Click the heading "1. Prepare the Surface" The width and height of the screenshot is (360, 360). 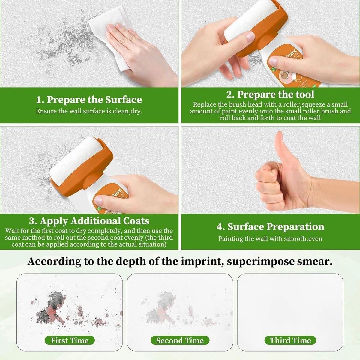[x=89, y=100]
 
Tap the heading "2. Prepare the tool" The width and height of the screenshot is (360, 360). [x=270, y=94]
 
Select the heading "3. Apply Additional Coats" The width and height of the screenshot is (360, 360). [x=89, y=221]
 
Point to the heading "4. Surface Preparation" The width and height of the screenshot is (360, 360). [x=270, y=227]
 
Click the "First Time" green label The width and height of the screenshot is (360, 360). [x=70, y=340]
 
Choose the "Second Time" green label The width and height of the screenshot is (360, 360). [x=180, y=340]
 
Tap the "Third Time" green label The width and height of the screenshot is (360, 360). [x=290, y=340]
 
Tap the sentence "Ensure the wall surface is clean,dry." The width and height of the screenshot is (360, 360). [x=89, y=111]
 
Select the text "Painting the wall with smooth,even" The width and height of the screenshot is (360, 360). [x=270, y=239]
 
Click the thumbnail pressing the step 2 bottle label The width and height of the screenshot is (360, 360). [x=273, y=61]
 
